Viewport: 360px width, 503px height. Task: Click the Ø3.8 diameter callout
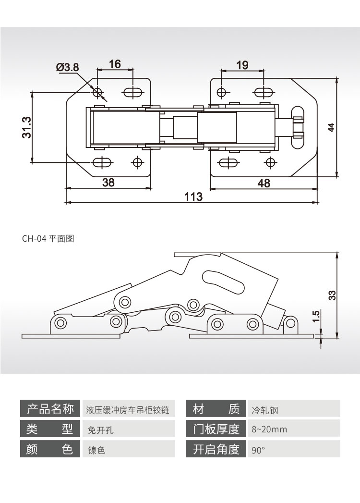[x=68, y=67]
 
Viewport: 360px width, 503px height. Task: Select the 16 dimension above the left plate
[x=115, y=64]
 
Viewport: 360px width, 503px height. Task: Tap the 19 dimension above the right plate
[x=242, y=65]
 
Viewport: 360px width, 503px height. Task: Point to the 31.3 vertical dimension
[x=26, y=127]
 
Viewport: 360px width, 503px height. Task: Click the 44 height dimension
[x=331, y=127]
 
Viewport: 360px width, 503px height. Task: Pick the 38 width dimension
[x=108, y=183]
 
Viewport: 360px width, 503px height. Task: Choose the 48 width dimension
[x=264, y=183]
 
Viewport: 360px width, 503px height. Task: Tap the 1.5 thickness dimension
[x=315, y=316]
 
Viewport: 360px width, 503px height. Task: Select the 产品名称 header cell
[x=50, y=409]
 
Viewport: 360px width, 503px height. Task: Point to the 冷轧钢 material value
[x=265, y=410]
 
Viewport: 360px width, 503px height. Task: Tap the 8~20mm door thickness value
[x=269, y=429]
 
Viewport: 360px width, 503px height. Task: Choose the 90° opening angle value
[x=258, y=451]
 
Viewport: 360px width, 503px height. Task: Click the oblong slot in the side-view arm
[x=223, y=281]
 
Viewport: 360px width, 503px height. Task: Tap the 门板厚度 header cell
[x=216, y=429]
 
